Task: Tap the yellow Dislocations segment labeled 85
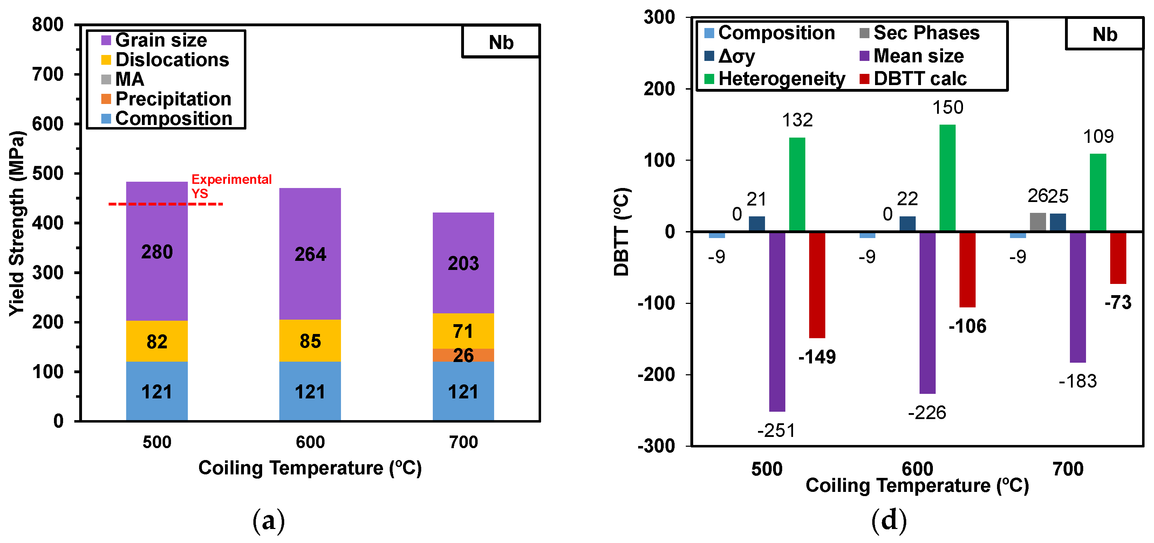click(x=310, y=341)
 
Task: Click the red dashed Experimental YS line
click(x=166, y=204)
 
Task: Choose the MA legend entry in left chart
click(x=129, y=79)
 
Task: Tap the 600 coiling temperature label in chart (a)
click(x=310, y=442)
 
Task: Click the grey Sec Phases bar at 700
click(x=1038, y=222)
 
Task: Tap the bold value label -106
click(x=967, y=326)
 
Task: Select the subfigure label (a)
click(x=268, y=521)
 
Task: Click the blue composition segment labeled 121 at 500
click(x=157, y=392)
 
